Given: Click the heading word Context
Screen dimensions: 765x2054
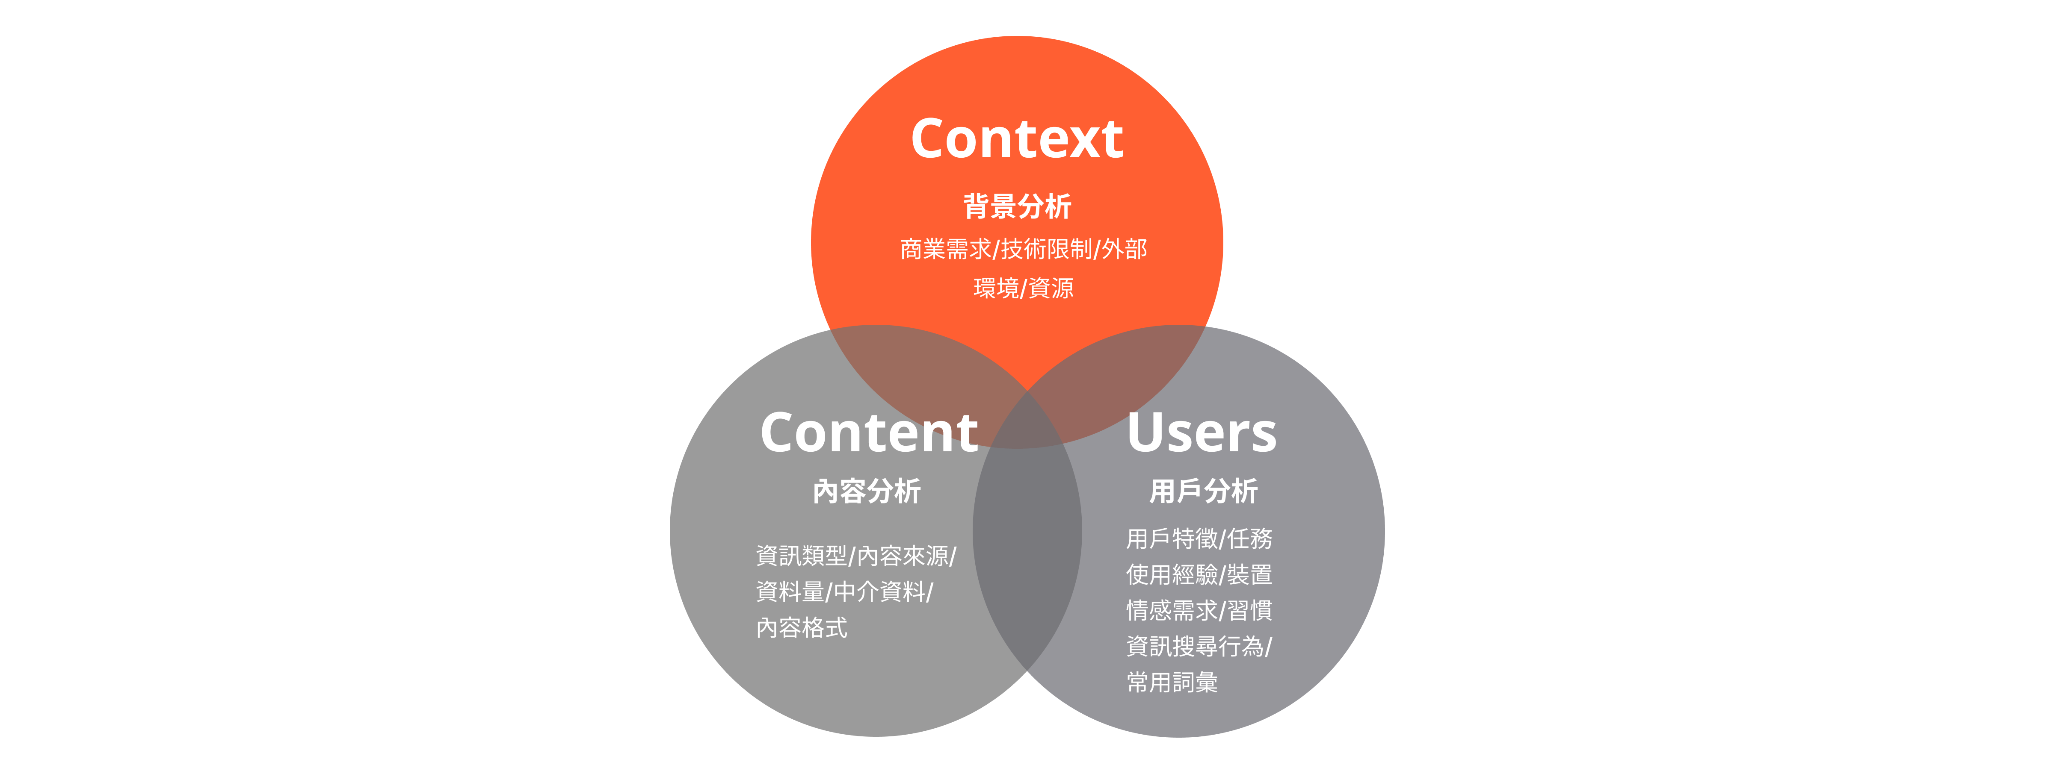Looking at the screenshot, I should pyautogui.click(x=1017, y=138).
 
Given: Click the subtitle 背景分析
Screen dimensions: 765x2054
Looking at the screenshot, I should pyautogui.click(x=1017, y=206).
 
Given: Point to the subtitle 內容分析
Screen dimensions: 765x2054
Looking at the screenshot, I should pyautogui.click(x=867, y=491).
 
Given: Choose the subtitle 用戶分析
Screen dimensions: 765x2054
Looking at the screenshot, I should pyautogui.click(x=1203, y=491).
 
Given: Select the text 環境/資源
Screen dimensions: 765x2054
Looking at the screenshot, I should pyautogui.click(x=1023, y=288).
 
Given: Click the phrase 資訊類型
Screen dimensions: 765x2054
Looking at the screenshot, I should pyautogui.click(x=801, y=556).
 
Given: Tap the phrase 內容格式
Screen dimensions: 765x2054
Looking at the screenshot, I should pyautogui.click(x=801, y=628).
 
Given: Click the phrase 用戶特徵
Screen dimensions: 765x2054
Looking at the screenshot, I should pyautogui.click(x=1171, y=538).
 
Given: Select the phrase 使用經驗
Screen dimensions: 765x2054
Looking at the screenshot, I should pyautogui.click(x=1171, y=574).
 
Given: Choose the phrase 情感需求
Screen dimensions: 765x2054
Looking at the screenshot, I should pyautogui.click(x=1171, y=610).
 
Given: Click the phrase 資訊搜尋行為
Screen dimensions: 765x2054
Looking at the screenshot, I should pyautogui.click(x=1194, y=646).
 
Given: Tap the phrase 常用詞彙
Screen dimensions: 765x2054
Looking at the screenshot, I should pyautogui.click(x=1171, y=682).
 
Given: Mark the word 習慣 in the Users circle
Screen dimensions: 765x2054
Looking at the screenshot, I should pyautogui.click(x=1249, y=610).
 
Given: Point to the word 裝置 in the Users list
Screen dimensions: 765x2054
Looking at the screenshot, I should pyautogui.click(x=1249, y=574).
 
